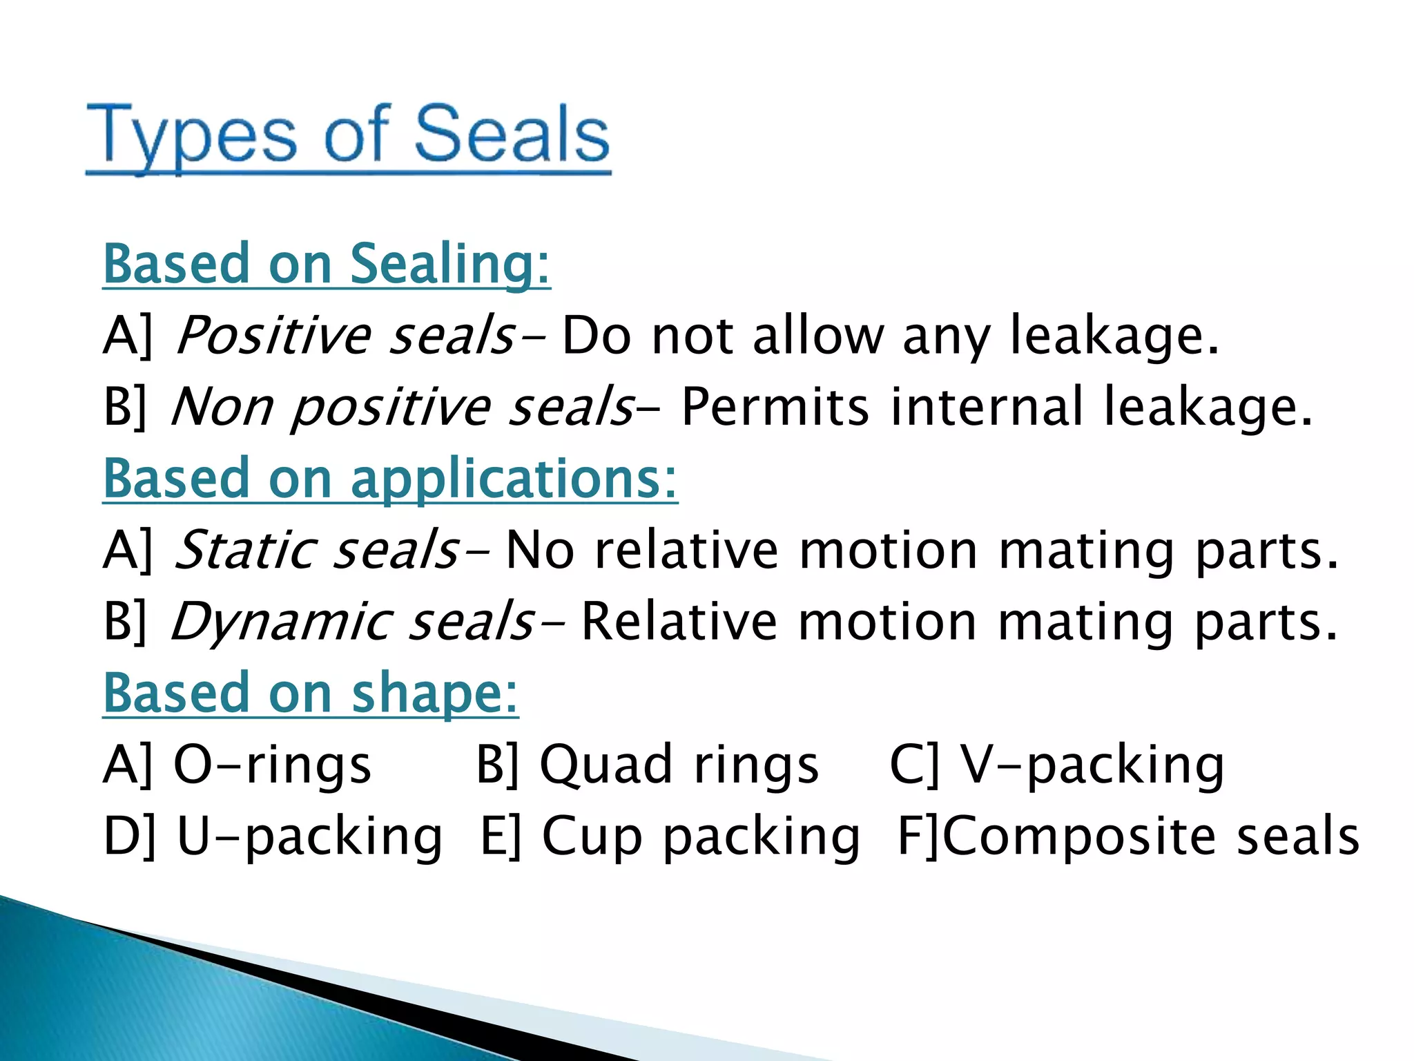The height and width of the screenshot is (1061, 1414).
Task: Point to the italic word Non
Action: [x=222, y=407]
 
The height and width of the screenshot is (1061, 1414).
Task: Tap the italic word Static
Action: [x=244, y=550]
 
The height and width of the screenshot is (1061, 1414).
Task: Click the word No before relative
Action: [x=540, y=550]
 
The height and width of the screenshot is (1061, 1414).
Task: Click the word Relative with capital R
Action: [x=679, y=621]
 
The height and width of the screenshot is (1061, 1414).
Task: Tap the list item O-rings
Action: [x=272, y=765]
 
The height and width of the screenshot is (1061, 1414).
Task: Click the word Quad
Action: [x=606, y=765]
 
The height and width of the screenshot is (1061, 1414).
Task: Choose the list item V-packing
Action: [x=1092, y=765]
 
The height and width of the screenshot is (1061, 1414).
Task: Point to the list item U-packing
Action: [x=309, y=837]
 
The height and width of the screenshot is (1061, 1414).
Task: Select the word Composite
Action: [x=1078, y=837]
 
